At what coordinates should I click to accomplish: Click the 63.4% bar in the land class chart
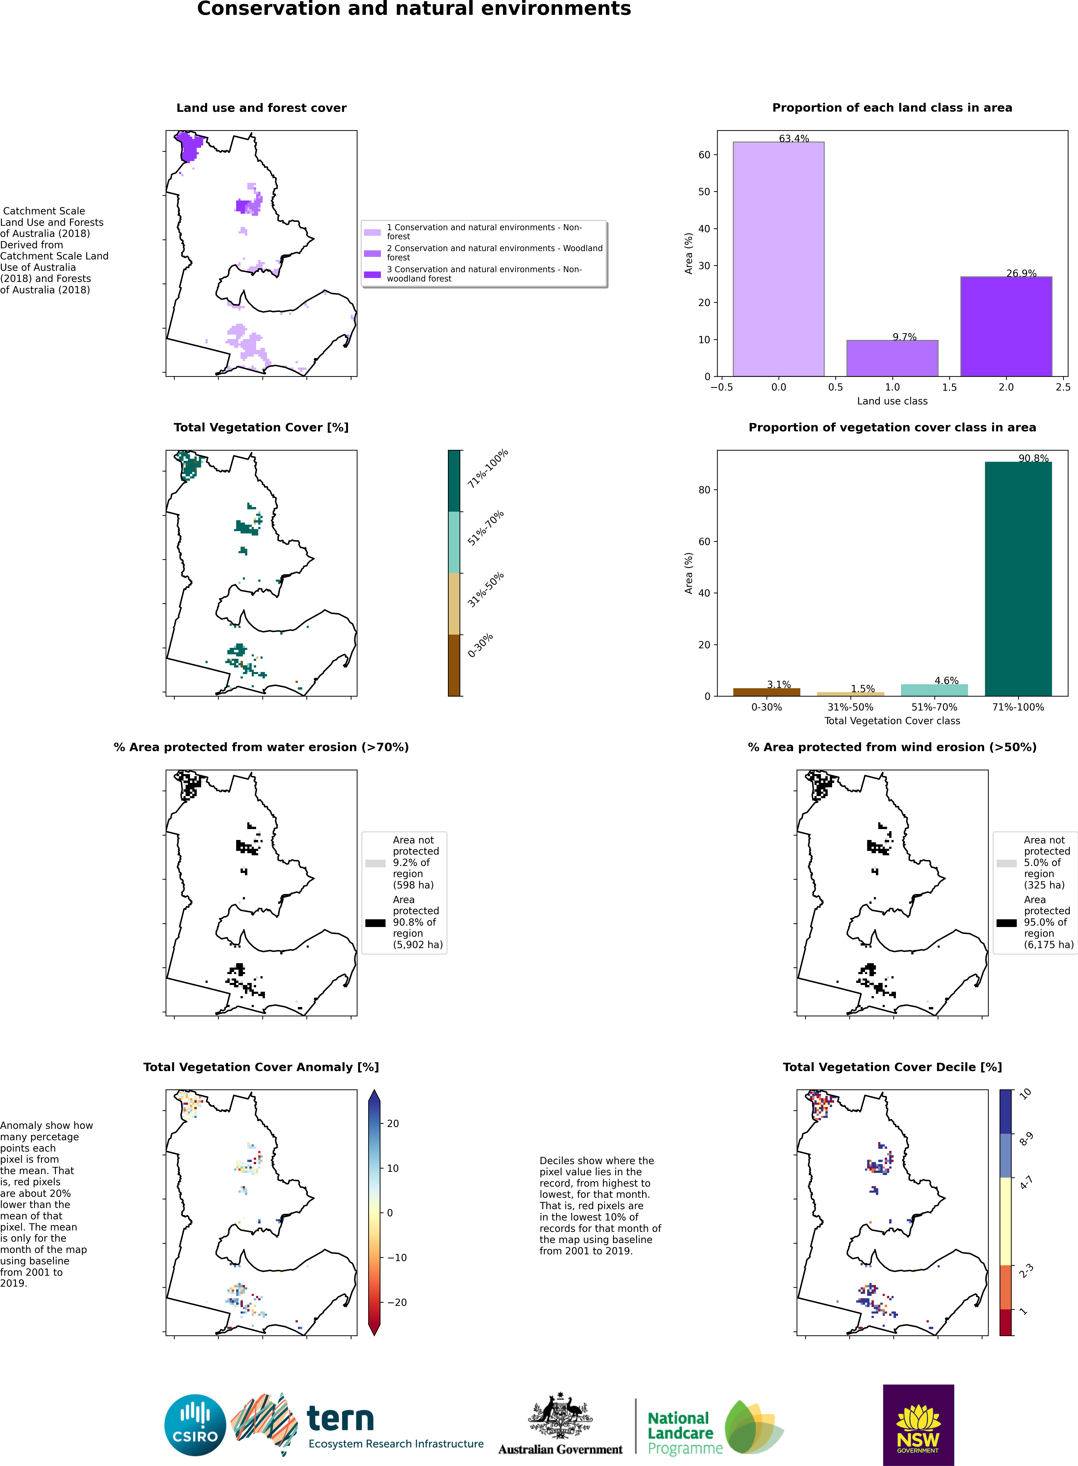[779, 259]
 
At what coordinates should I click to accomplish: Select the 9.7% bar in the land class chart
[892, 358]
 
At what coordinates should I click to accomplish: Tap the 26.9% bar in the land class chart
[1006, 326]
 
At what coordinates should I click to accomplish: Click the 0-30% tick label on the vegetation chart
[767, 707]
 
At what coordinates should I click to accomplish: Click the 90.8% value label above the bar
[1034, 458]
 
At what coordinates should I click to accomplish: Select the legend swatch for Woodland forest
[372, 253]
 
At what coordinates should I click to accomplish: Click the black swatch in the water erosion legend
[375, 923]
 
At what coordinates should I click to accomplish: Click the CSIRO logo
[195, 1426]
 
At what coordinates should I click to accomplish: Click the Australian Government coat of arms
[560, 1415]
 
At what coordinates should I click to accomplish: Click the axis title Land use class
[892, 401]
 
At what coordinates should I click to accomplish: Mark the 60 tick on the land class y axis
[704, 155]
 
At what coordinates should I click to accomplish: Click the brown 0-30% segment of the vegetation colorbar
[454, 665]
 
